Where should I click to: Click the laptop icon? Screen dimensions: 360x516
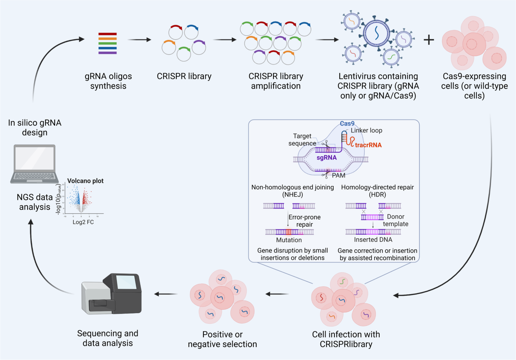[35, 164]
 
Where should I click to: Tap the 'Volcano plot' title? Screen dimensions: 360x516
[85, 181]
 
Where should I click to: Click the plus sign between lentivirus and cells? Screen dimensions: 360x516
[429, 40]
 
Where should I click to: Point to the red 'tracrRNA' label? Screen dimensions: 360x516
[368, 145]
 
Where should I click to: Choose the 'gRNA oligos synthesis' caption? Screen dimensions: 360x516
[108, 81]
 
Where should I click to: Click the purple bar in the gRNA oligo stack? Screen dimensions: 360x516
[107, 52]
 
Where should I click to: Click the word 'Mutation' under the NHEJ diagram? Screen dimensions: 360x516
[289, 240]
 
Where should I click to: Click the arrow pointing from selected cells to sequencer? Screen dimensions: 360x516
[167, 295]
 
